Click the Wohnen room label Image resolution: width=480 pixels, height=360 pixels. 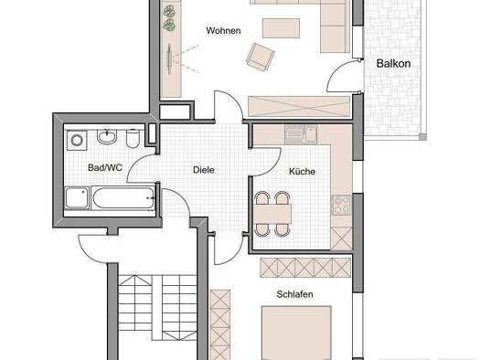[223, 31]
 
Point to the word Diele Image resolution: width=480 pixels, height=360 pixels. [203, 170]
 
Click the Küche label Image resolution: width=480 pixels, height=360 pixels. [302, 172]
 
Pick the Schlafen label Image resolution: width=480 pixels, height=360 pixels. [296, 295]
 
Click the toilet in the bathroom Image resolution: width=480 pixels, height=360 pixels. [133, 140]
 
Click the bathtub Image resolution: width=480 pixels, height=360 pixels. [109, 199]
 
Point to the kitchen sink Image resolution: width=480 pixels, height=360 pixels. [295, 134]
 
